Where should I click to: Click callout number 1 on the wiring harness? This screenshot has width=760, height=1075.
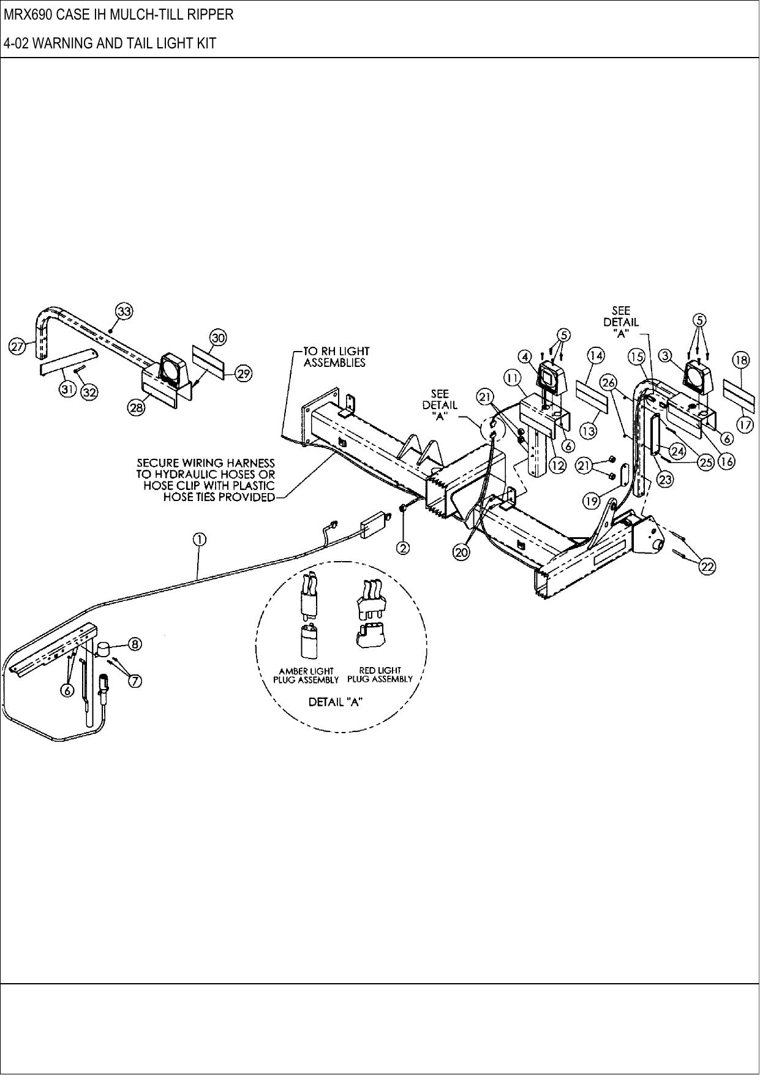click(199, 539)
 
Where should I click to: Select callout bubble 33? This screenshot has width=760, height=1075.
click(124, 312)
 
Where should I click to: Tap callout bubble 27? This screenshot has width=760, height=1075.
click(17, 347)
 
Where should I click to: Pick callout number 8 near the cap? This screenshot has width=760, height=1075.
click(135, 644)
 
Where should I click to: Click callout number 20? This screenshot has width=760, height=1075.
click(461, 552)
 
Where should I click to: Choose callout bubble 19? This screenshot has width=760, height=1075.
click(591, 502)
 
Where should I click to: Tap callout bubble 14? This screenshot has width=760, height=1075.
click(596, 355)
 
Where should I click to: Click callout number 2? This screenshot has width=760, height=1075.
click(403, 548)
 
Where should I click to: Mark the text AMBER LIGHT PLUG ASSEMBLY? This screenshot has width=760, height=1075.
click(306, 676)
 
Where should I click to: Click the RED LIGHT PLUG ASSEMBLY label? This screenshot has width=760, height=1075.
click(380, 674)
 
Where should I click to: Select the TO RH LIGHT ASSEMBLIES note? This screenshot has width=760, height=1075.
click(336, 356)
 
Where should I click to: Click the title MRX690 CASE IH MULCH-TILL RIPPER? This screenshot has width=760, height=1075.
click(119, 15)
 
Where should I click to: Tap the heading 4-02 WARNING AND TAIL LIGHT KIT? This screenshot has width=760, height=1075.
click(110, 43)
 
